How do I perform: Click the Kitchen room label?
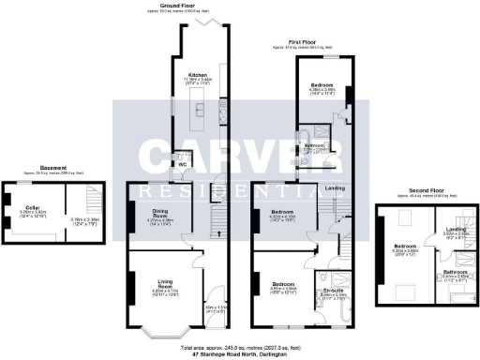[x=198, y=74]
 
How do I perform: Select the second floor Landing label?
[x=457, y=229]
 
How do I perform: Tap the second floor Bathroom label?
[x=455, y=272]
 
